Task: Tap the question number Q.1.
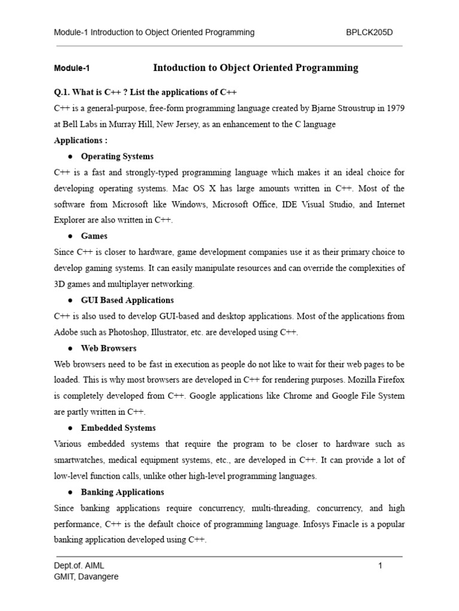[x=64, y=92]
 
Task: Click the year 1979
[x=394, y=109]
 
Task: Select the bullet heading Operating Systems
[x=117, y=156]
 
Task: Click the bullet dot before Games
[x=71, y=236]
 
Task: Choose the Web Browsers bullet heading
[x=109, y=348]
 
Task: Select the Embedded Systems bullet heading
[x=118, y=428]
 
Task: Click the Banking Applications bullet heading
[x=123, y=492]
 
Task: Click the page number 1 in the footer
[x=380, y=566]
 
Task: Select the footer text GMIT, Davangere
[x=86, y=577]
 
